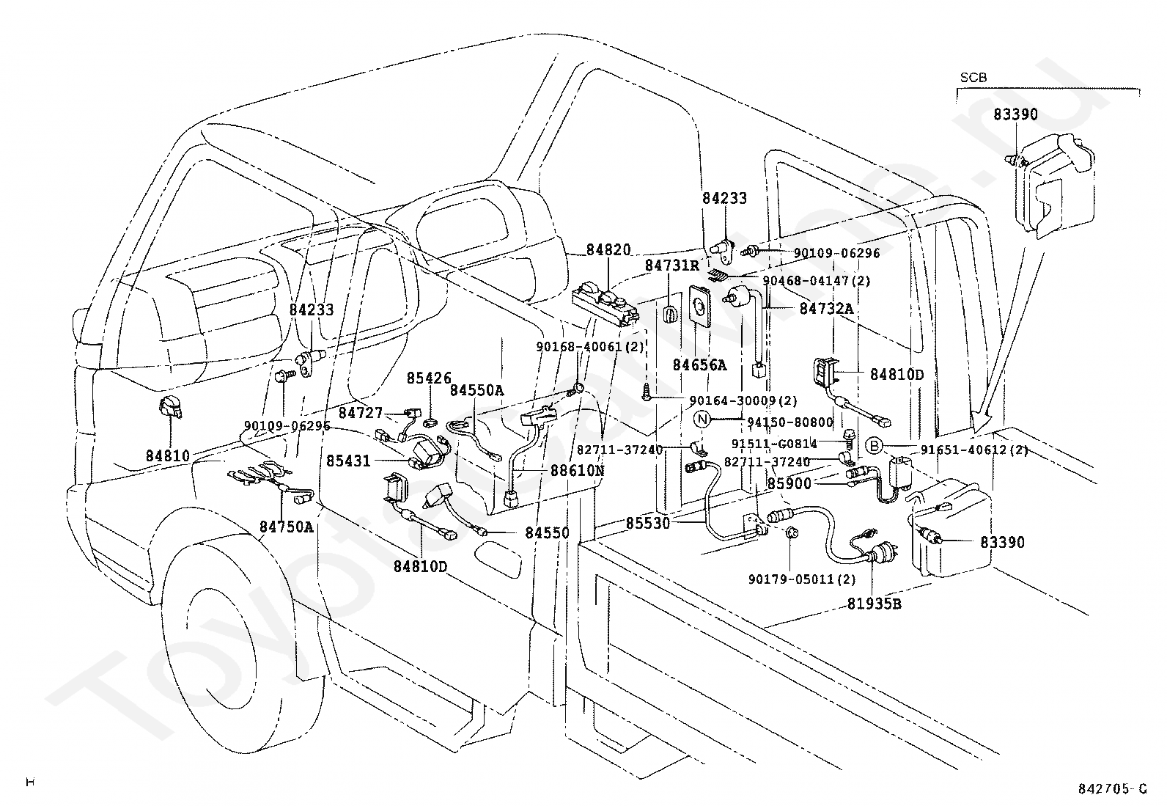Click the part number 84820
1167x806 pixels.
(608, 251)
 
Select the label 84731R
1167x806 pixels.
(672, 265)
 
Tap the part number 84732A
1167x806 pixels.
(827, 309)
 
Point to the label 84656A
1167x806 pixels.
(700, 364)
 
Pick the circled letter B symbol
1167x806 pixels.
(873, 445)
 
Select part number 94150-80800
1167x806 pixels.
(790, 422)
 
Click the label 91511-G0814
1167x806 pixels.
(776, 443)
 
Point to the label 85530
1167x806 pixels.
(647, 524)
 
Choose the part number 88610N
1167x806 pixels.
(577, 470)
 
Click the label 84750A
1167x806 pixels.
(286, 526)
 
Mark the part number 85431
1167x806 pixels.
(349, 461)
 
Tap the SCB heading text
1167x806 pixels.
(973, 77)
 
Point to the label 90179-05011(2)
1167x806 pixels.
(802, 579)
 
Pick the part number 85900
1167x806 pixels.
(789, 484)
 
